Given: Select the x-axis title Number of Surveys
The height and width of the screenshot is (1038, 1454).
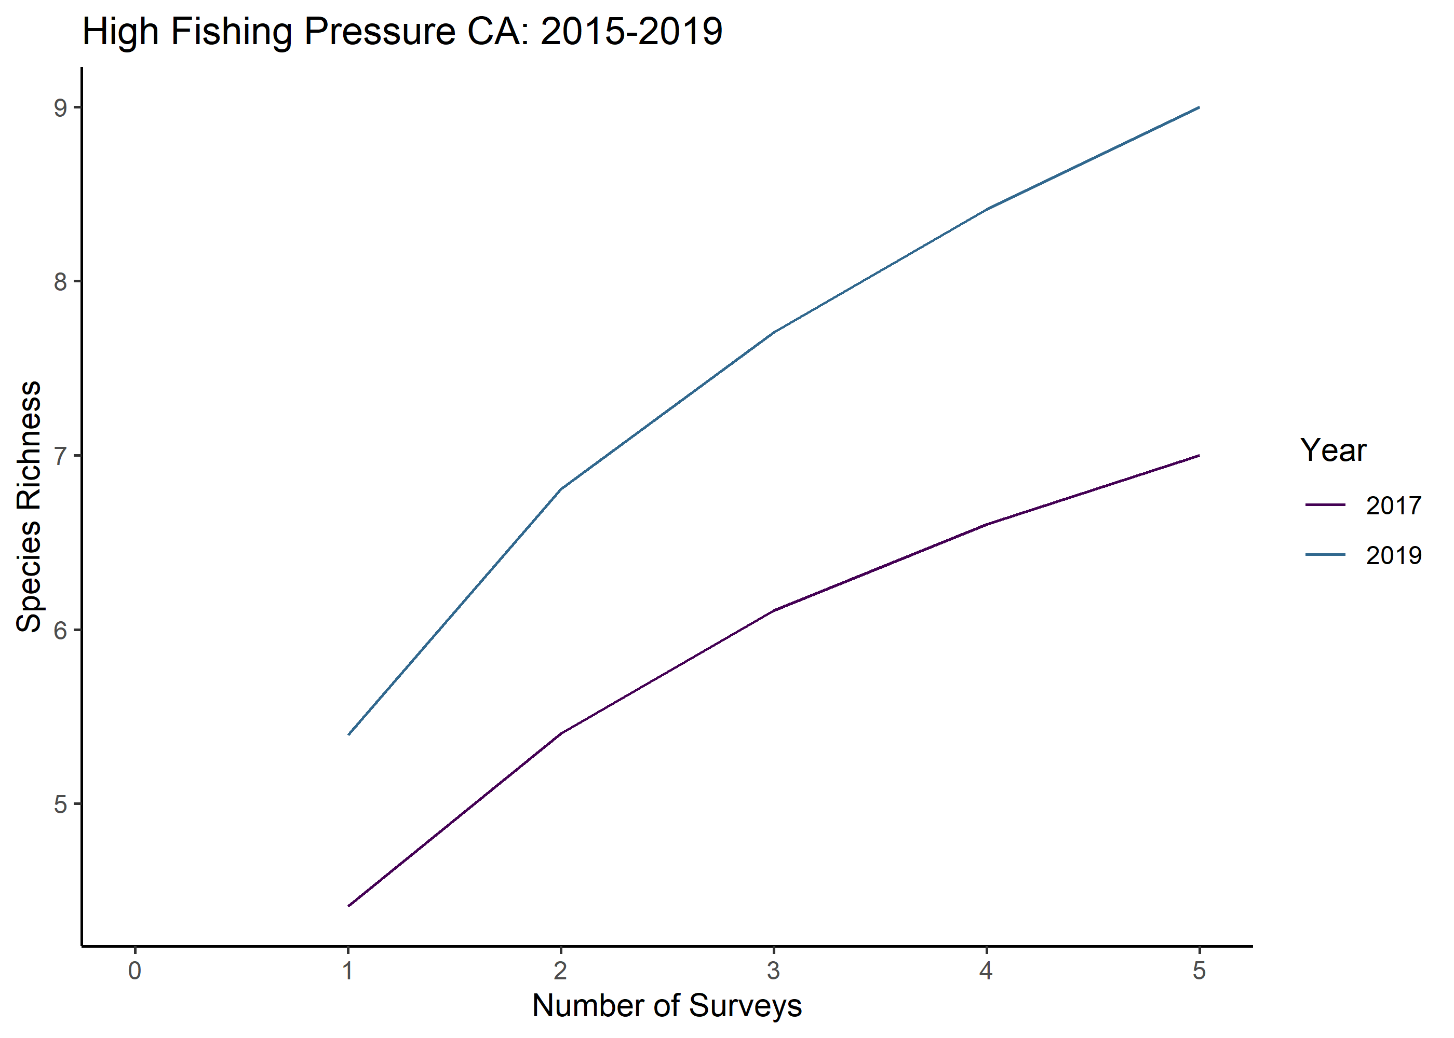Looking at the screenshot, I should point(666,1005).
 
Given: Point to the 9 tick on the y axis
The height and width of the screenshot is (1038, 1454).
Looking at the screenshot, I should point(61,108).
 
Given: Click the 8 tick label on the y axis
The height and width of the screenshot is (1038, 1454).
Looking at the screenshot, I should point(61,281).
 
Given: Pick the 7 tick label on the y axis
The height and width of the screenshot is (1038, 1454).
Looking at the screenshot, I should point(61,456).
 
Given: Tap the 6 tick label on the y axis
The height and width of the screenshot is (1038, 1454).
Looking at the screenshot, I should point(61,630).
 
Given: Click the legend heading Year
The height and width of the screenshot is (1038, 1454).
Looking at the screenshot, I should point(1333,450).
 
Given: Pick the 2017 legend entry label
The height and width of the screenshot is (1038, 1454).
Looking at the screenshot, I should point(1393,506).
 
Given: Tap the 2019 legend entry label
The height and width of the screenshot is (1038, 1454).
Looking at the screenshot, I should point(1393,555).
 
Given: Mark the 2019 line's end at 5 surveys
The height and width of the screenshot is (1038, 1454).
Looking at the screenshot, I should point(1199,107).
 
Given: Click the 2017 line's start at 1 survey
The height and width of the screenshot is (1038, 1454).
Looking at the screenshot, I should point(348,906).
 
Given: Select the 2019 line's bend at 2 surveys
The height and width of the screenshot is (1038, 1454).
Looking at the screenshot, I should point(561,489).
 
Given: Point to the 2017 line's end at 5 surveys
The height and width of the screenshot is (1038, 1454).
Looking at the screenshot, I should point(1199,456).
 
